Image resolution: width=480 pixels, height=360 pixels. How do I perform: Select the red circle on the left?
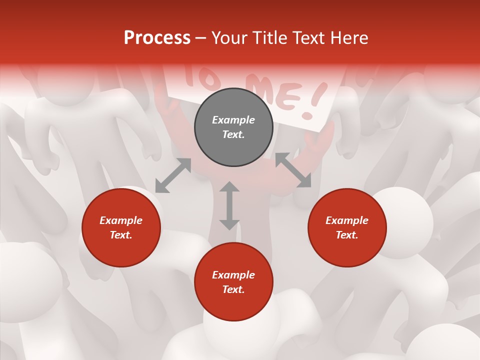pyautogui.click(x=121, y=227)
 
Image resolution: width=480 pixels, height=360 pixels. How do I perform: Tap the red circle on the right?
pyautogui.click(x=347, y=227)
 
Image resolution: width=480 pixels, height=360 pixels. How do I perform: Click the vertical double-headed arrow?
pyautogui.click(x=229, y=205)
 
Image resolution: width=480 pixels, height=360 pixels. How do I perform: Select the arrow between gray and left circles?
pyautogui.click(x=173, y=175)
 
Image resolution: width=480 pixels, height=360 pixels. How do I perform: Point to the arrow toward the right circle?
pyautogui.click(x=293, y=170)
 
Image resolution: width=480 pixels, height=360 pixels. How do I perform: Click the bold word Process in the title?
pyautogui.click(x=157, y=38)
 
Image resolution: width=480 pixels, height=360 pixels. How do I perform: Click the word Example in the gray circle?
pyautogui.click(x=233, y=120)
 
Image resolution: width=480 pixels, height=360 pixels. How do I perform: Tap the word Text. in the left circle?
pyautogui.click(x=121, y=235)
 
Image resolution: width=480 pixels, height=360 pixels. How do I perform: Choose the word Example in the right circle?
pyautogui.click(x=347, y=220)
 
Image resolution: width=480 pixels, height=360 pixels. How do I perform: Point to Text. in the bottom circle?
pyautogui.click(x=233, y=289)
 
